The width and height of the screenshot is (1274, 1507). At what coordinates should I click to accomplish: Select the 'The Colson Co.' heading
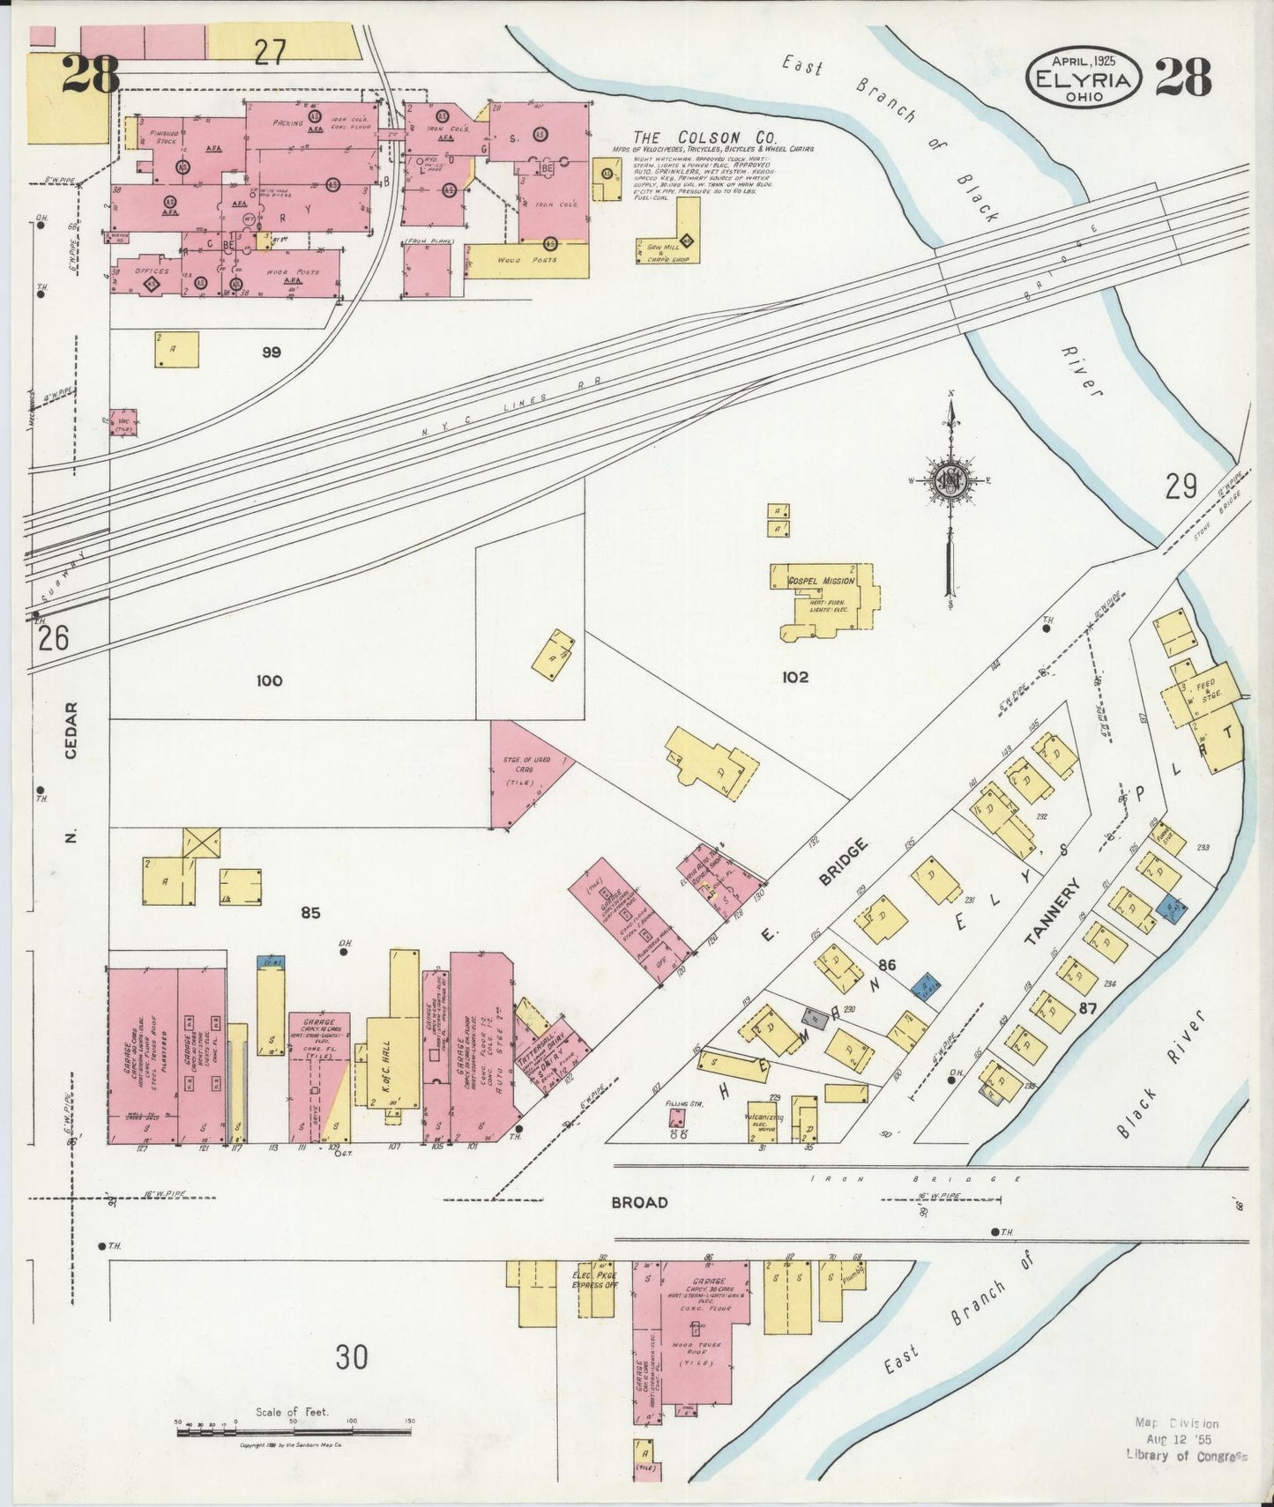coord(703,137)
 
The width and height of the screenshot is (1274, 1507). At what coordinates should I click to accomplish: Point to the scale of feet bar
coord(294,1432)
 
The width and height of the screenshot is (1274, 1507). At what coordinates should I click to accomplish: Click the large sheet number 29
coord(1181,486)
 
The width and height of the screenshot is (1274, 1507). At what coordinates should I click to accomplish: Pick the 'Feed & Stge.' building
coord(1203,692)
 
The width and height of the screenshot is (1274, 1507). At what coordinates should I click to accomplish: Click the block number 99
coord(271,352)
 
